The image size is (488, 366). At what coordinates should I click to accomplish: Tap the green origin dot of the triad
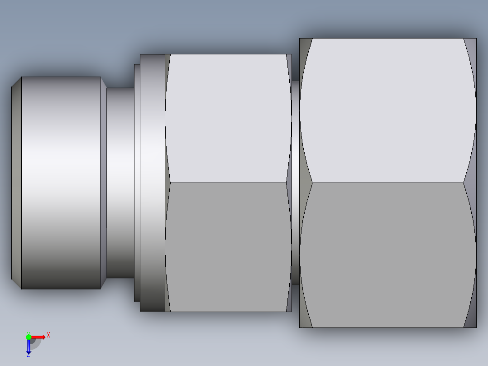(x=29, y=337)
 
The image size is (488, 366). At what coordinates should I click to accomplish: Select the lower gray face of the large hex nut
(x=388, y=255)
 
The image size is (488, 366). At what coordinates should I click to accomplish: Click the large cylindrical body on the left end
(x=61, y=183)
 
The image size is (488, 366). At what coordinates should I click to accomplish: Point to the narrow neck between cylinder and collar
(x=120, y=183)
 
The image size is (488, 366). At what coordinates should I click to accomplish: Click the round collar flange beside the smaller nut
(x=152, y=183)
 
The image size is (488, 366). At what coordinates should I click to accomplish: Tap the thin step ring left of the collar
(x=137, y=183)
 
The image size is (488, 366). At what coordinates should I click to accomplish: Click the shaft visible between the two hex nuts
(x=295, y=183)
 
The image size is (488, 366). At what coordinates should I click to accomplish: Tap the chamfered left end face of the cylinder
(x=16, y=183)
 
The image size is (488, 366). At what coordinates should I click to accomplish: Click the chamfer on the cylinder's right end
(x=103, y=183)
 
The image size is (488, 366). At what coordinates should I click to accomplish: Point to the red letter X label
(x=48, y=335)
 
